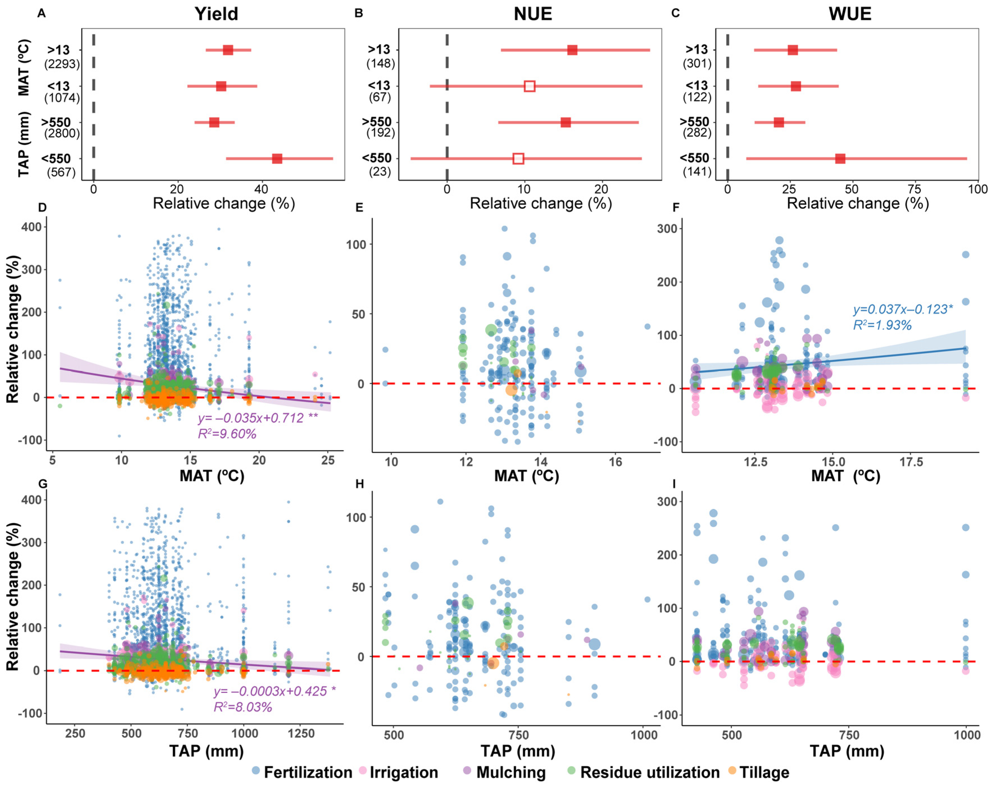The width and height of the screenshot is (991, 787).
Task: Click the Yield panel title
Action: [x=216, y=14]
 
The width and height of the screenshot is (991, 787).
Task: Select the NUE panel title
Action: [x=533, y=14]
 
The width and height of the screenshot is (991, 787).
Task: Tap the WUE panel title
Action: [x=850, y=14]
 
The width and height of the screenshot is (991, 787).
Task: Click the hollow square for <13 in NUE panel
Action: [x=530, y=86]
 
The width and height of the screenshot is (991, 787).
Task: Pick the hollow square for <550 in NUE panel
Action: [x=518, y=158]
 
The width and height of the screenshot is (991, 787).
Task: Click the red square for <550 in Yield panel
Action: [x=277, y=158]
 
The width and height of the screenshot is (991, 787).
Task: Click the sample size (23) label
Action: [x=380, y=172]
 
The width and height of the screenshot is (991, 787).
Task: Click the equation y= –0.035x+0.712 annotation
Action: [x=257, y=418]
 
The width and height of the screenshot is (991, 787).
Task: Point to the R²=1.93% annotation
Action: [x=882, y=325]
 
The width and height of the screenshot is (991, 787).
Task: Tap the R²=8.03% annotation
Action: [x=243, y=707]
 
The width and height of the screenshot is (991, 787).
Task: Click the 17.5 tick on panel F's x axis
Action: [x=911, y=462]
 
